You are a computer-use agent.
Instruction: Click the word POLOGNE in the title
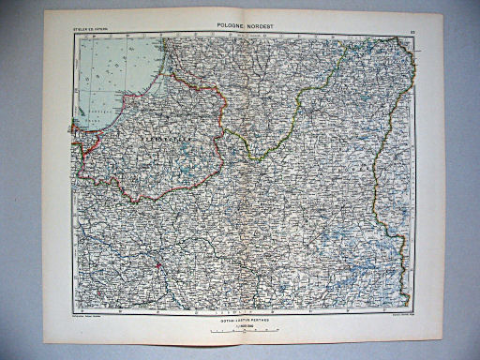click(x=218, y=29)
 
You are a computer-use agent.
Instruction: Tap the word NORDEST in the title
click(x=258, y=29)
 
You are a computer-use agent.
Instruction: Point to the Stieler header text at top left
click(x=90, y=36)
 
